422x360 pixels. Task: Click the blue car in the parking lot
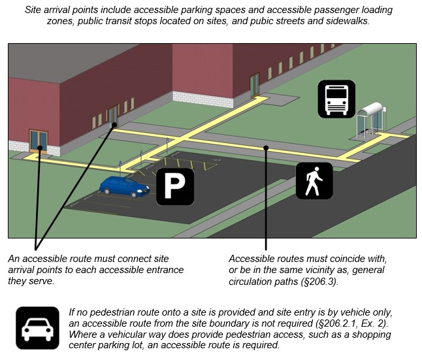tap(124, 186)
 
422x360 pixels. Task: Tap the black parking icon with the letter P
tap(174, 186)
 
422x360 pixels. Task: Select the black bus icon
tap(336, 99)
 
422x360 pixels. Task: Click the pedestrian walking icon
tap(314, 181)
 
